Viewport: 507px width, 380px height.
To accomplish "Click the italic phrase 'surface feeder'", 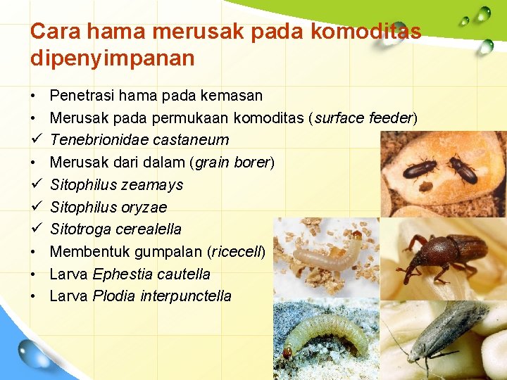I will point(363,118).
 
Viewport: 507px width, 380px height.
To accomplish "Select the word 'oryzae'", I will point(144,208).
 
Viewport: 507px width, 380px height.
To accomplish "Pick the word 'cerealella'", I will point(149,229).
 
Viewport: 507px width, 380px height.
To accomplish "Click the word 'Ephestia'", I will point(120,274).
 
